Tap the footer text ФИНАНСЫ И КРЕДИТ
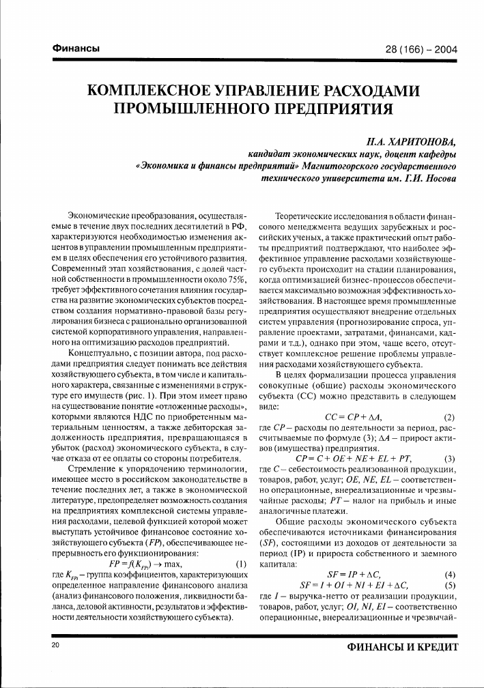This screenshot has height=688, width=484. click(x=403, y=646)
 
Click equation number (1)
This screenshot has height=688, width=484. click(x=240, y=545)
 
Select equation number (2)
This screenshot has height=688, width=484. click(x=449, y=417)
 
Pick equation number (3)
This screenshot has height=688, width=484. click(x=449, y=458)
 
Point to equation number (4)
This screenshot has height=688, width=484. click(x=449, y=575)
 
